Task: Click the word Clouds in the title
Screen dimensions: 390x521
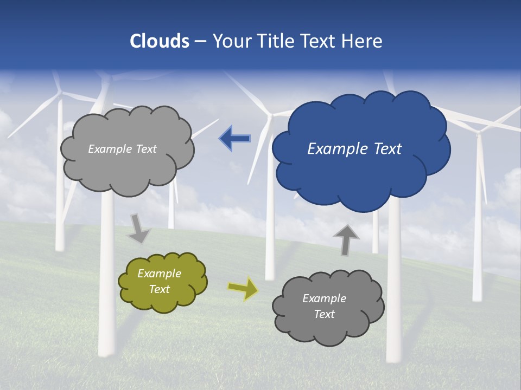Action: click(160, 41)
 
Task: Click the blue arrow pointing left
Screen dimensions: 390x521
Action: click(235, 139)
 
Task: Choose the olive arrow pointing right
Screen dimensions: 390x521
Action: click(243, 288)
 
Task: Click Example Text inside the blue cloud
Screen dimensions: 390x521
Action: click(354, 149)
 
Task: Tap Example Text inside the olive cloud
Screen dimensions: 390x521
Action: click(160, 281)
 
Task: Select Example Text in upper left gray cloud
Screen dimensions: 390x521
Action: click(122, 149)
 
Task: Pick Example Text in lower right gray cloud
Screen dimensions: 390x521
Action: click(324, 306)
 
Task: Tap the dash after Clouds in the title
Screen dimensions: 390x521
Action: click(200, 41)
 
